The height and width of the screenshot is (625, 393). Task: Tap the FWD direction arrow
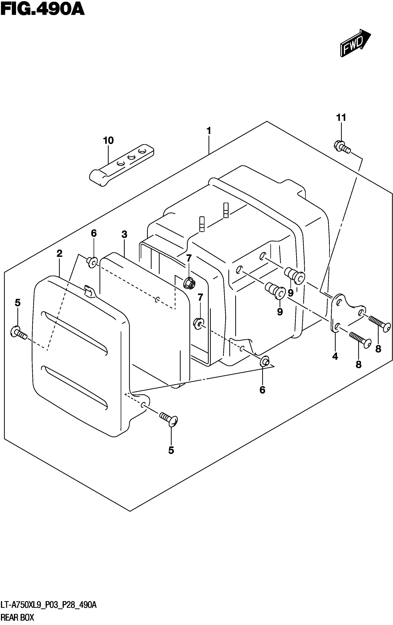click(x=355, y=43)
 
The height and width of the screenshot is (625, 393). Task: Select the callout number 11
click(x=341, y=118)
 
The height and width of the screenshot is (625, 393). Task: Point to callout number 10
click(x=108, y=141)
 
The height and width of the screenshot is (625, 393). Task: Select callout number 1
click(x=209, y=131)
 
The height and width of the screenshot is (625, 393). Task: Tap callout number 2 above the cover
click(x=59, y=254)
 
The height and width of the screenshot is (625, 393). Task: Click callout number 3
click(x=124, y=235)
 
